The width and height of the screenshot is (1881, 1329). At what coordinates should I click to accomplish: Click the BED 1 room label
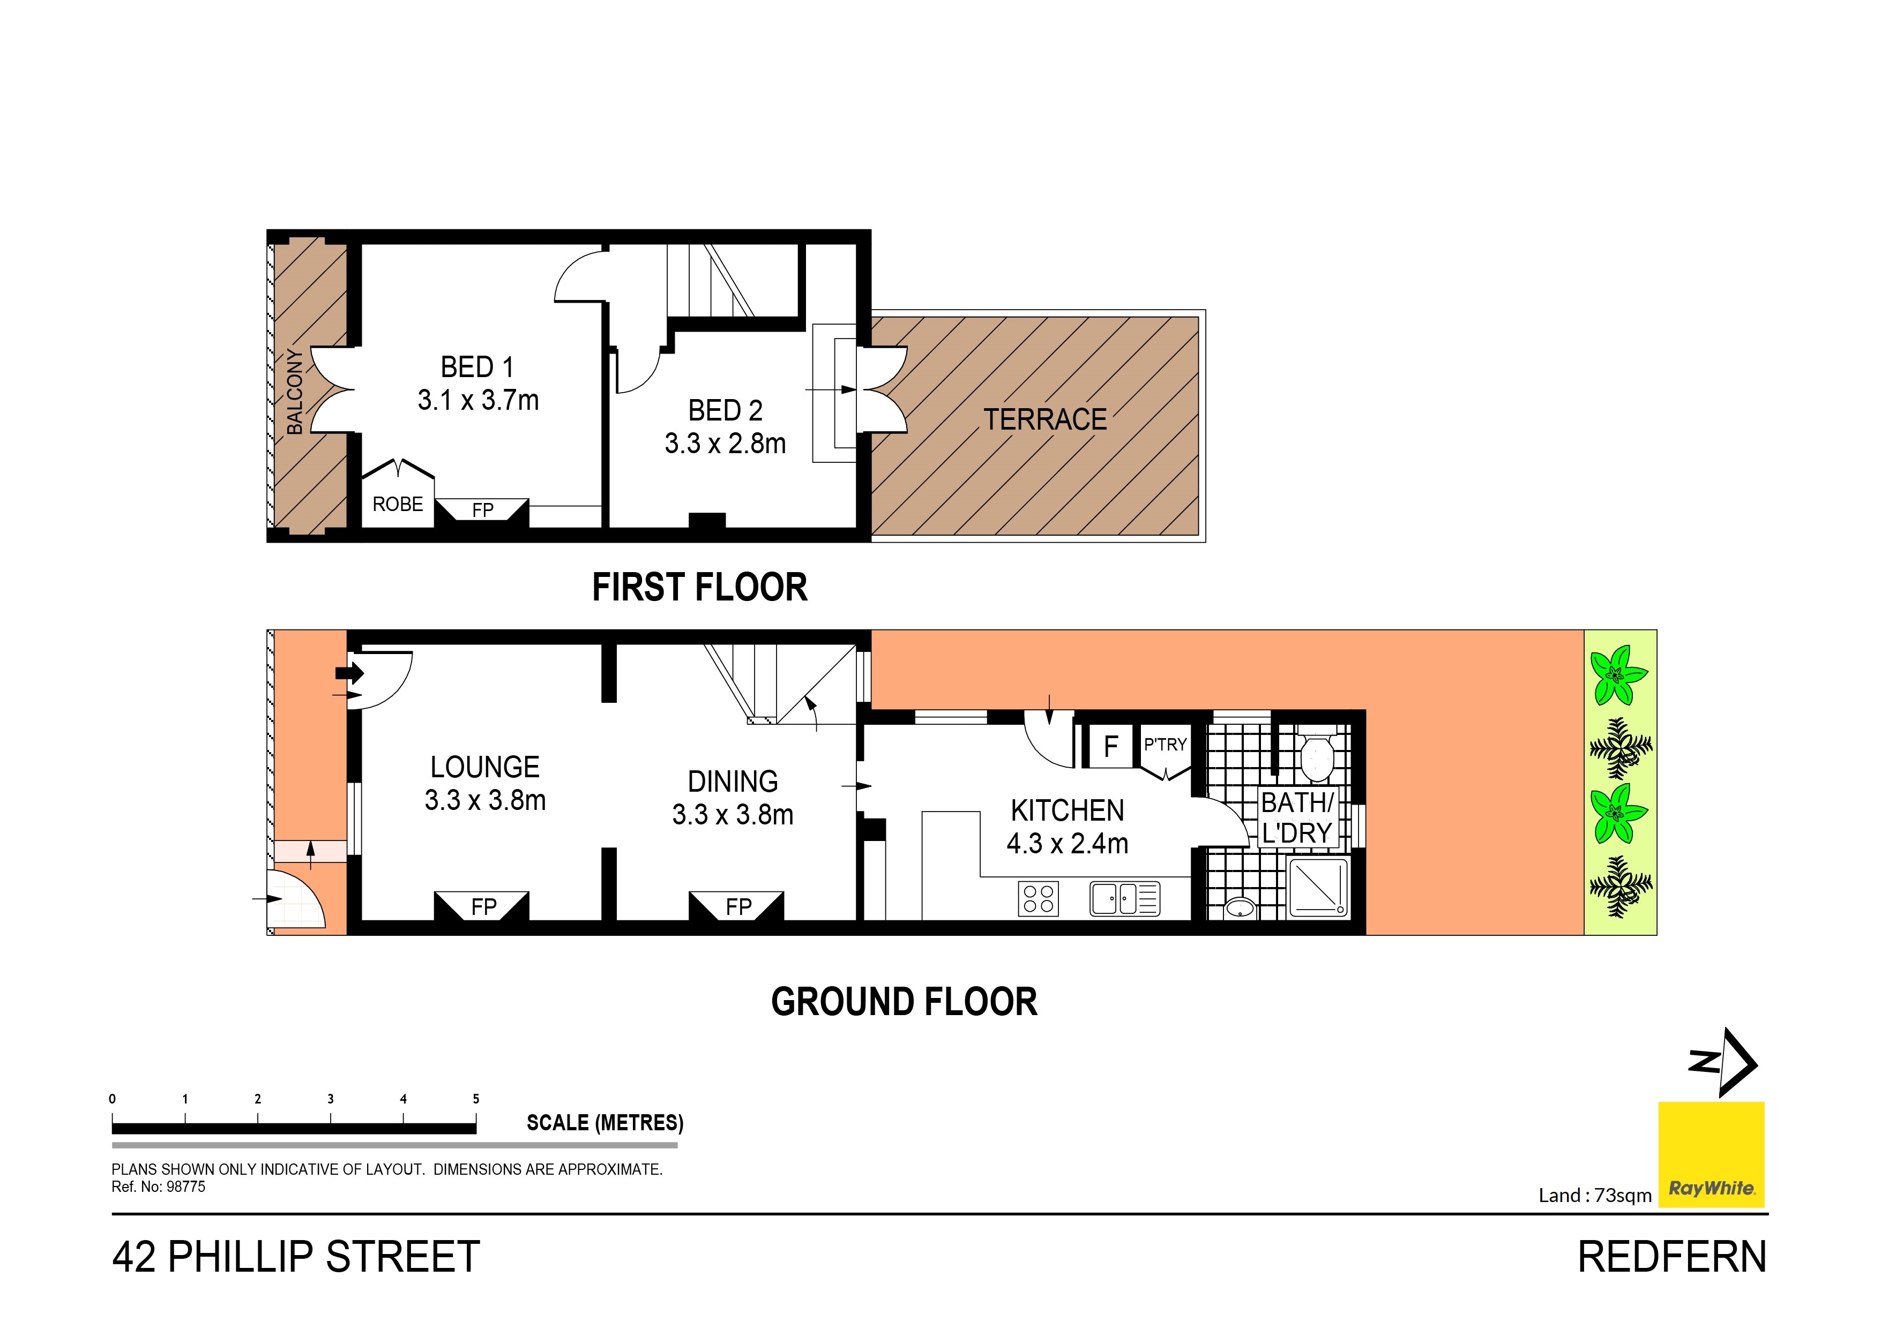point(477,367)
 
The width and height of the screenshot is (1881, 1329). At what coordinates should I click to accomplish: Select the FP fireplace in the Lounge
point(482,906)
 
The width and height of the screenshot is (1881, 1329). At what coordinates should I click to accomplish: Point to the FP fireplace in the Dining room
point(737,906)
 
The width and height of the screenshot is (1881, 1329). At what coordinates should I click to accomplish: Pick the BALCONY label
point(295,392)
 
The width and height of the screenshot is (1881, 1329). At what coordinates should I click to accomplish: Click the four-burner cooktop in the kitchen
point(1038,898)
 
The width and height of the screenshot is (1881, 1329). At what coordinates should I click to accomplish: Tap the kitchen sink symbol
point(1124,898)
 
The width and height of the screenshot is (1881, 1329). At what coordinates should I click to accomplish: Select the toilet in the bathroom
point(1317,756)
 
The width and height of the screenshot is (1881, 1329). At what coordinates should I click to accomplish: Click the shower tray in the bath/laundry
point(1317,887)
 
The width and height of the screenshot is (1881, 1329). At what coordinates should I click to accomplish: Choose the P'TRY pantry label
point(1165,745)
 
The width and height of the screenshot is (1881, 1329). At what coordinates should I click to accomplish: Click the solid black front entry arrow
point(350,673)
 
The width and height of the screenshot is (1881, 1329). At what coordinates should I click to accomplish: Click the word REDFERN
point(1671,1257)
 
